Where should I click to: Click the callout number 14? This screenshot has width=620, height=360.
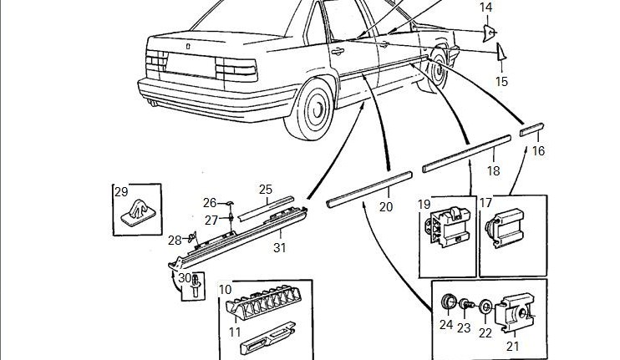(x=486, y=8)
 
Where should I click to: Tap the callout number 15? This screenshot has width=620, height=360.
(x=501, y=81)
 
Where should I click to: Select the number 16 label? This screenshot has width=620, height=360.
(x=538, y=151)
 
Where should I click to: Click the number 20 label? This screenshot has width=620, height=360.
(x=385, y=206)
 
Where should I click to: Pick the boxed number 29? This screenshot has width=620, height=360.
(x=122, y=191)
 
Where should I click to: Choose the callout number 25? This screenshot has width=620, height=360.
(x=266, y=190)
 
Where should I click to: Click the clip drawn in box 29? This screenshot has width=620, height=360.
(x=137, y=215)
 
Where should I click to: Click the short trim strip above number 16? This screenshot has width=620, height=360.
(x=532, y=129)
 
